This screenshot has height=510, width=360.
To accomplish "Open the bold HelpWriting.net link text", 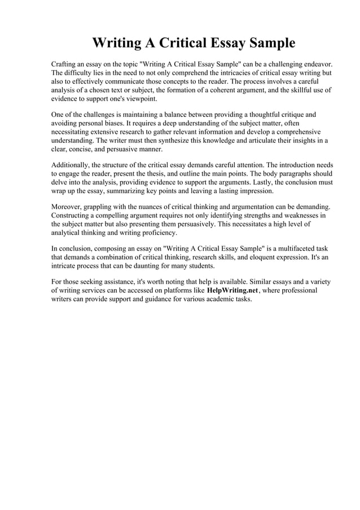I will (x=233, y=290).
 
